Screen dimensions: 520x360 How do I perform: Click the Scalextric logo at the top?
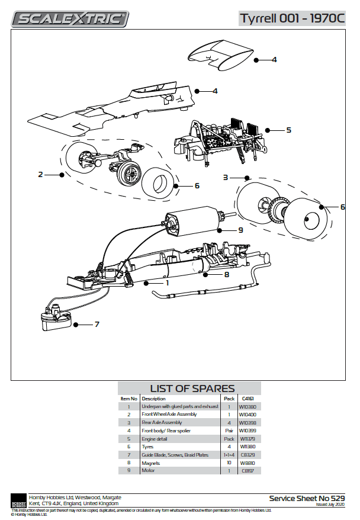pos(70,19)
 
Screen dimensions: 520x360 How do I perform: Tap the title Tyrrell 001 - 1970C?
pos(292,18)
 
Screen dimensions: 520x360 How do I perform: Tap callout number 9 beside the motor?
pos(241,230)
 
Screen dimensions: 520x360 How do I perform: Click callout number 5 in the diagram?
pos(288,130)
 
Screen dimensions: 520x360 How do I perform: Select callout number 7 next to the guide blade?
pos(97,325)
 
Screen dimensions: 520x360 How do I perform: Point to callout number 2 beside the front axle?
pos(40,174)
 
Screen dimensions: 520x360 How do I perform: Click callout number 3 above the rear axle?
pos(226,177)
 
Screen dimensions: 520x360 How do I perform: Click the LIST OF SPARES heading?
pos(188,388)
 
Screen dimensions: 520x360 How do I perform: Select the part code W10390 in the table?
pos(247,407)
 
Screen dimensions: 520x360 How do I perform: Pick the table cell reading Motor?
pos(148,470)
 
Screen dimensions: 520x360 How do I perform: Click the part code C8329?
pos(247,454)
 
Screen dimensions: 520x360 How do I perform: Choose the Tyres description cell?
pos(148,447)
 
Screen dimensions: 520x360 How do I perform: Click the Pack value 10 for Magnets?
pos(229,463)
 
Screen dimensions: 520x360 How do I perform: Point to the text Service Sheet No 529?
pos(307,498)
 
